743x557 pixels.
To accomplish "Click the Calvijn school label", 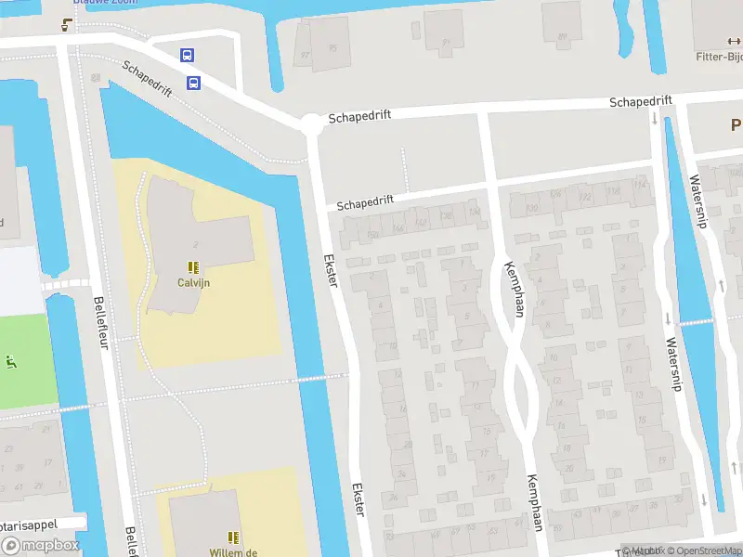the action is tap(195, 282).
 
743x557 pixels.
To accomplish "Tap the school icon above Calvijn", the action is tap(195, 266).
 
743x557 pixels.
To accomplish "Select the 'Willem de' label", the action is tap(232, 551).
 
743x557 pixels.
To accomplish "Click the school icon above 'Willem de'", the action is tap(233, 537).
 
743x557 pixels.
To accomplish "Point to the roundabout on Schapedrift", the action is tap(311, 122).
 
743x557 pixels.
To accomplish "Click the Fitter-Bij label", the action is tap(719, 56).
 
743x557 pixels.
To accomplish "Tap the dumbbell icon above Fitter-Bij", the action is tap(730, 40).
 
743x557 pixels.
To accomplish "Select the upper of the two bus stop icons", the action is tap(188, 56).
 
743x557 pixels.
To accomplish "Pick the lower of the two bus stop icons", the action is tap(194, 84).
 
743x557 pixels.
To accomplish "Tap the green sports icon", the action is tap(11, 361).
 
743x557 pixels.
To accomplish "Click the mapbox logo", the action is tap(39, 546).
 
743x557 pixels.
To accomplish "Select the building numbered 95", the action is tap(332, 48).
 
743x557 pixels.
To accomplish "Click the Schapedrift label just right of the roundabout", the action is tap(358, 114).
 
